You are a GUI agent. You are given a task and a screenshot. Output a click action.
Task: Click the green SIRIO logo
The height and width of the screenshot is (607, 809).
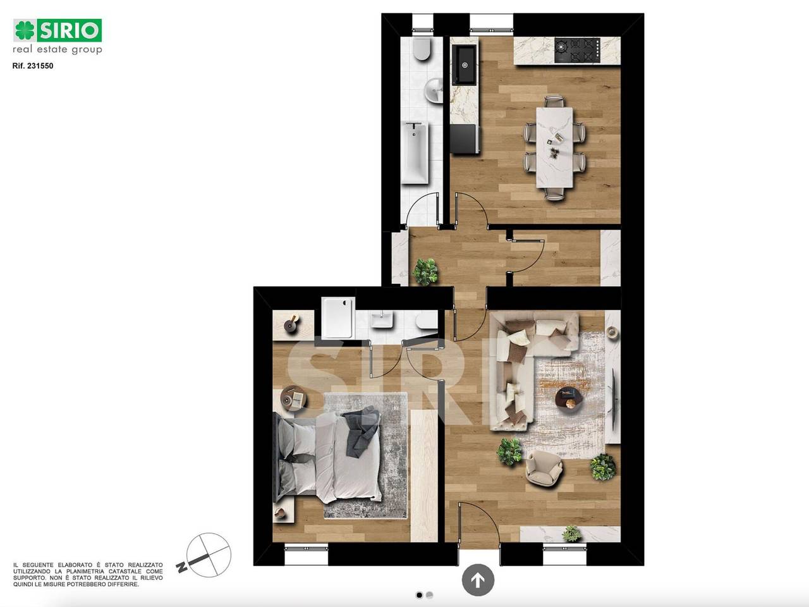(58, 30)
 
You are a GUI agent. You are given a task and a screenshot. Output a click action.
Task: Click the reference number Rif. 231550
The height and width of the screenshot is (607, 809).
(33, 66)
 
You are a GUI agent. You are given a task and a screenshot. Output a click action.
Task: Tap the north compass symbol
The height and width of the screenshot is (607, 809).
(205, 555)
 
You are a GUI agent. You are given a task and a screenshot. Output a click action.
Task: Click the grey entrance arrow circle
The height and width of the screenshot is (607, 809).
(478, 580)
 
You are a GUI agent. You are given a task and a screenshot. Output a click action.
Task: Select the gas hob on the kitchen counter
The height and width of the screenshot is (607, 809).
(577, 50)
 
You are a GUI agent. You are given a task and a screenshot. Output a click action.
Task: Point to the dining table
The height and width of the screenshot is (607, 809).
(554, 147)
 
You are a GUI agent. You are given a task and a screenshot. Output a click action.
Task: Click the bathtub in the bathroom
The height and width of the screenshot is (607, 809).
(415, 152)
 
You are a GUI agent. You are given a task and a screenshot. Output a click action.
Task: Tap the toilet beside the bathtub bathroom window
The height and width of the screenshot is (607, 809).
(422, 49)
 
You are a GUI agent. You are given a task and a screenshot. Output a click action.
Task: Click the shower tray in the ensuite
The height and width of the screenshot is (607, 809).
(338, 317)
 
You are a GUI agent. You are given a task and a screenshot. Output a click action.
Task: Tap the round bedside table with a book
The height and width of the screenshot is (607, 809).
(294, 398)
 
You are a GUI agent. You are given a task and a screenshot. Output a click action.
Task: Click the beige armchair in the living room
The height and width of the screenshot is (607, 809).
(544, 468)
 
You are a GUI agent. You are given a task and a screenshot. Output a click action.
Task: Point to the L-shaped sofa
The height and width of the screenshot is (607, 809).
(523, 369)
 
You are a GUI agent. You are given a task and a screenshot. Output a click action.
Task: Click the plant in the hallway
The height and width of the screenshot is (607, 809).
(425, 272)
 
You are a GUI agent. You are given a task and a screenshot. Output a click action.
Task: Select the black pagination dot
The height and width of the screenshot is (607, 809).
(419, 595)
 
